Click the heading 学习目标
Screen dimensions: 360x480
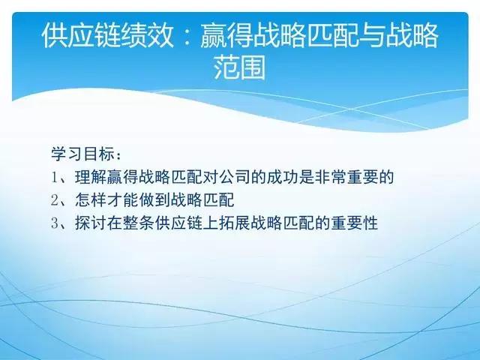click(x=81, y=154)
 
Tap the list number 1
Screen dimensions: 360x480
click(x=55, y=177)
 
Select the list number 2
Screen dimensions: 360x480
click(x=55, y=199)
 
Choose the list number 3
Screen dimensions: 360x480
click(x=55, y=223)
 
